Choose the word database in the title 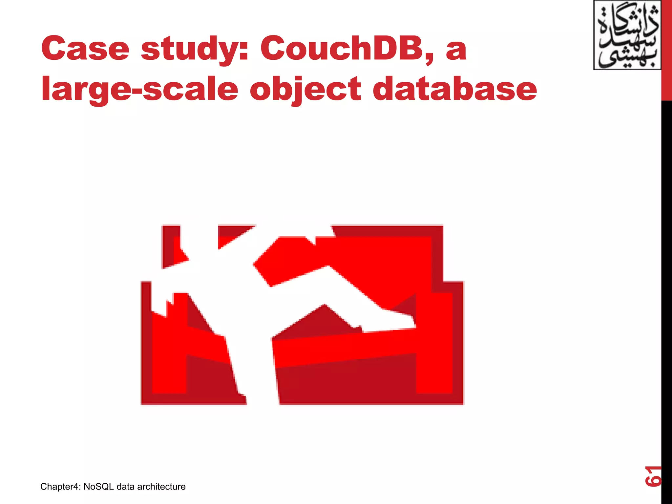455,89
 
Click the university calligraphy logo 627,35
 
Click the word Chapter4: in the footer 60,487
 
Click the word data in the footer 125,487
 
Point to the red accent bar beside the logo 666,49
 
